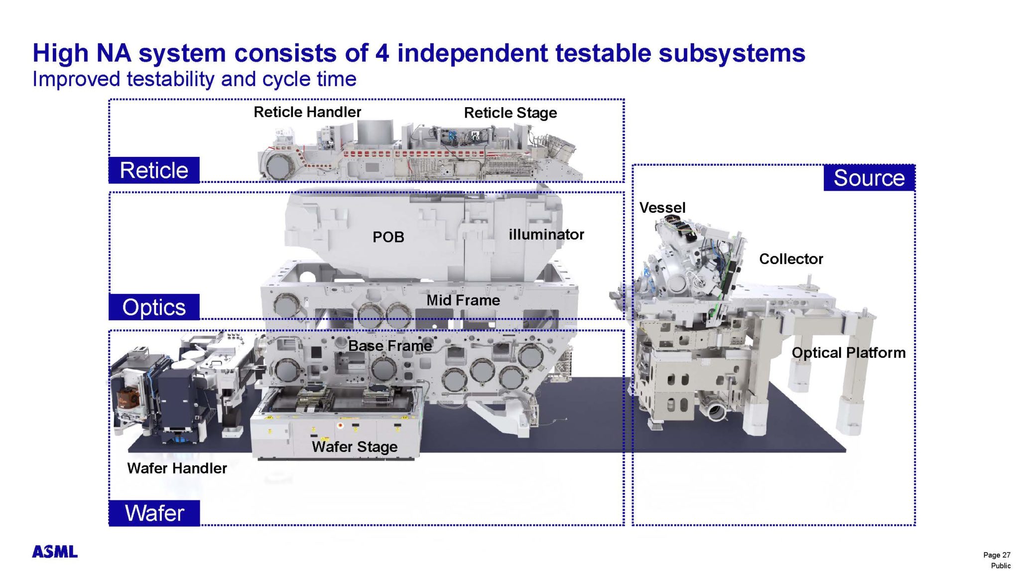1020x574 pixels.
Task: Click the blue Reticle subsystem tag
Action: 154,170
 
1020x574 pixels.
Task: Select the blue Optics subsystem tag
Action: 154,307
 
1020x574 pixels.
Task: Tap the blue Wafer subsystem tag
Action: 154,513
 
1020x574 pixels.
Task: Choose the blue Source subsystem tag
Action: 869,178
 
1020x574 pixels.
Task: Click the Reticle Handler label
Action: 307,112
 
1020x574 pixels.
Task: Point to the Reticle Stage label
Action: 510,113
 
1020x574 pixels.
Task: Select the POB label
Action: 388,237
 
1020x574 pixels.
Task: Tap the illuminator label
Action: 546,235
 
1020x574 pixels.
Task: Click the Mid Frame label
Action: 463,300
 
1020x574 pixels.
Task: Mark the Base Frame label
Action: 389,346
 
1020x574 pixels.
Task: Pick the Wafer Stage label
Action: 354,447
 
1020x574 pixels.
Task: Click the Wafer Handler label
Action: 177,468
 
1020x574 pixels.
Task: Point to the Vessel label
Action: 662,208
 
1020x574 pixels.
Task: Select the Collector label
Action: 790,259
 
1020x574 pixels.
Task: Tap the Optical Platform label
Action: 848,353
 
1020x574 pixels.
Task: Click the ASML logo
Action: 55,552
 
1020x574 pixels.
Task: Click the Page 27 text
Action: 996,555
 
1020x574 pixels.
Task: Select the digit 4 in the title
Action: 382,53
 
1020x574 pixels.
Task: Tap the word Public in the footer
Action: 1000,566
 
